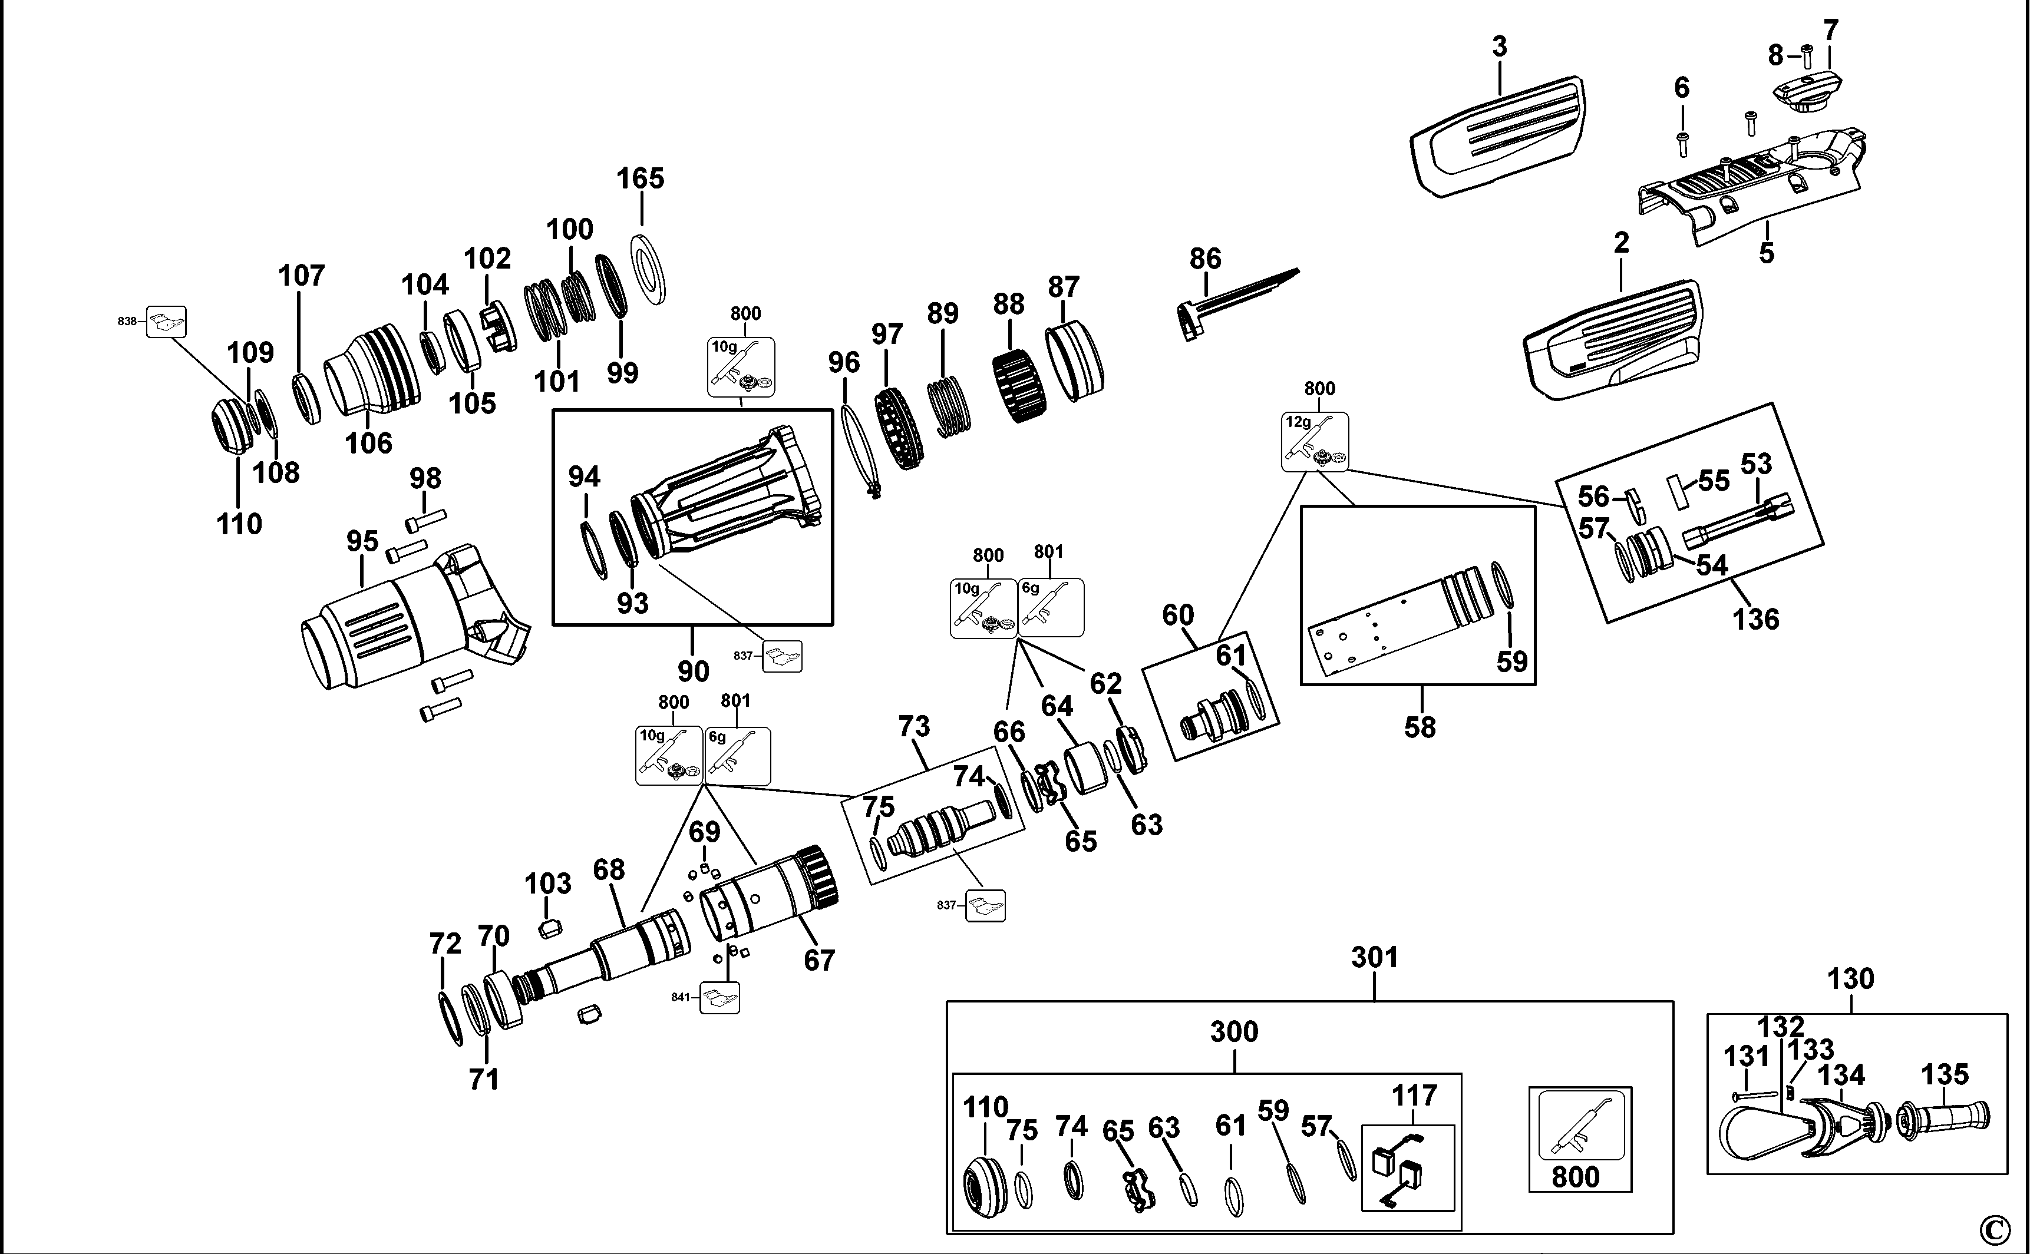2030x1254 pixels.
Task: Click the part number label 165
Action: (641, 178)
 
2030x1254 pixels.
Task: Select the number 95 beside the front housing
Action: (362, 541)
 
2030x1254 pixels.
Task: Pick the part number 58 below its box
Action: (1420, 727)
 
